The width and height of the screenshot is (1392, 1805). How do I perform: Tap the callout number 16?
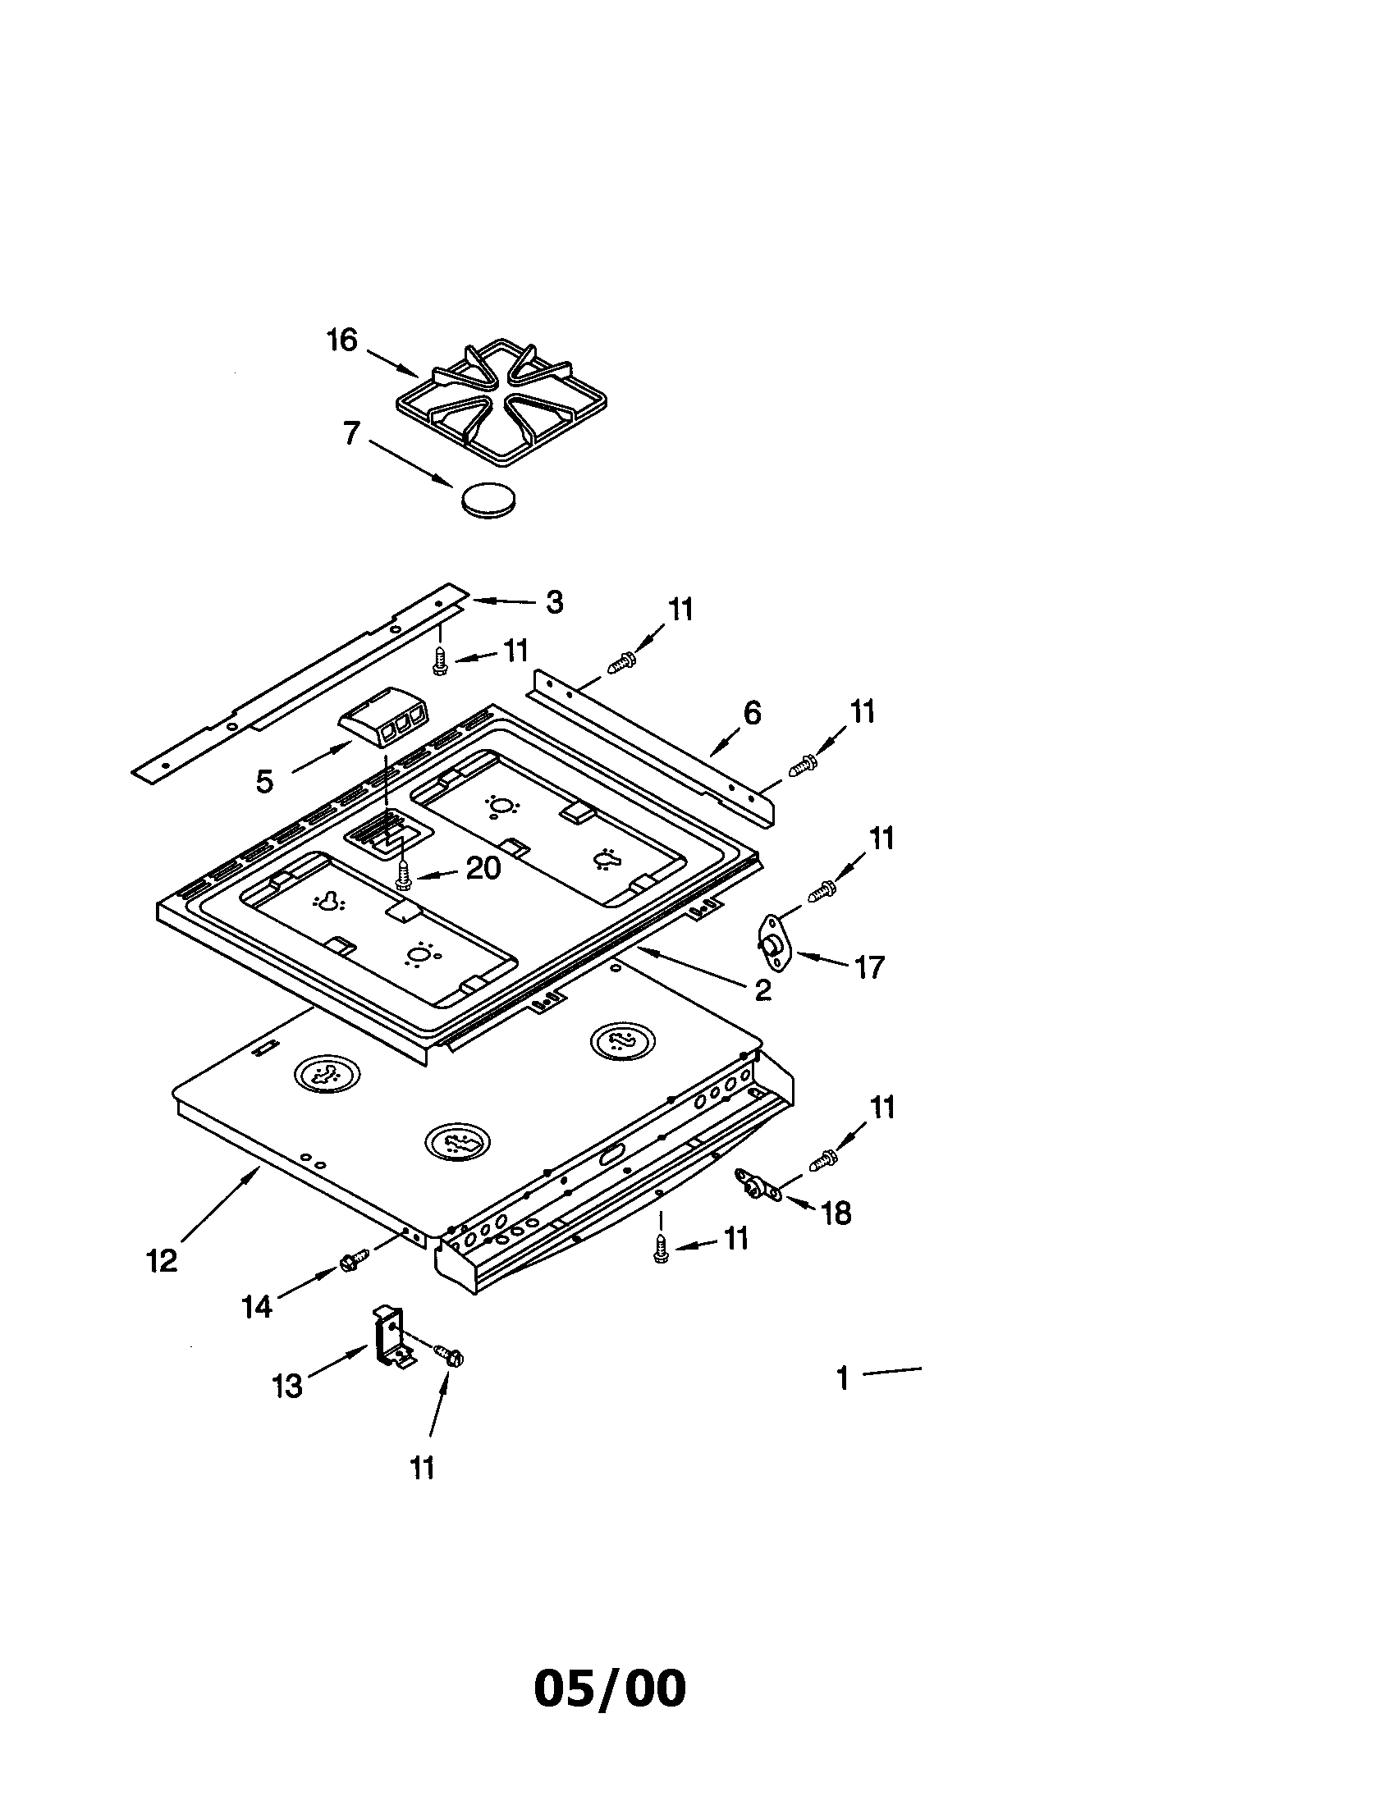(341, 340)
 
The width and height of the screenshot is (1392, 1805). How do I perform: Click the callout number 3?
(554, 601)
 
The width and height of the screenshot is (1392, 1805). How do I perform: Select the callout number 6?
(751, 712)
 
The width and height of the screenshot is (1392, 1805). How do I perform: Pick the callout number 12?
(162, 1261)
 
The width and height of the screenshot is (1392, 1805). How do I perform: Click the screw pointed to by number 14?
(349, 1262)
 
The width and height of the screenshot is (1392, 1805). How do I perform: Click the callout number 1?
(842, 1378)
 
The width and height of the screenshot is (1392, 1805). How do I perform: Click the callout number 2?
(762, 990)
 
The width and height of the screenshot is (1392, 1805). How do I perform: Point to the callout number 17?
(868, 966)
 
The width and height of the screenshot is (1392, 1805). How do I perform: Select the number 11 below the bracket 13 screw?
(423, 1469)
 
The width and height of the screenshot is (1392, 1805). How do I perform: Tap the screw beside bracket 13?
(451, 1355)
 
